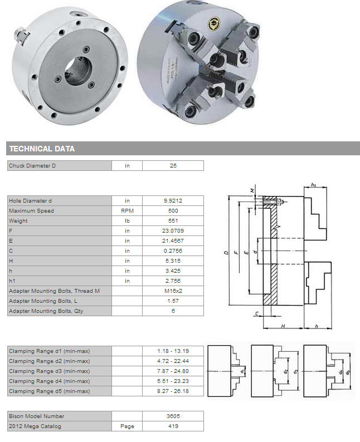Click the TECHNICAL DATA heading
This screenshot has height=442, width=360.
(x=42, y=149)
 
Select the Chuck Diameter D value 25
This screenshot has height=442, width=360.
(x=173, y=166)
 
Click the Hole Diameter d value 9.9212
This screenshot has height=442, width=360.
(x=173, y=201)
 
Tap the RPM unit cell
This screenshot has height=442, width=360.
(x=127, y=211)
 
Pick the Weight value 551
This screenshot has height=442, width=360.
(x=173, y=220)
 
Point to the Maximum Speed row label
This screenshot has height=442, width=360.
(x=31, y=211)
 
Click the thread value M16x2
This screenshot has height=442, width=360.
(x=173, y=291)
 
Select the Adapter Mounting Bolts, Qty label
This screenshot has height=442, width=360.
(x=46, y=311)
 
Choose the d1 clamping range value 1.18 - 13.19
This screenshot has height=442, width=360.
(x=173, y=351)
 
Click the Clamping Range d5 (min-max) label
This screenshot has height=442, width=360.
(x=50, y=391)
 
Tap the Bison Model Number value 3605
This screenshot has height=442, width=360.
(x=173, y=416)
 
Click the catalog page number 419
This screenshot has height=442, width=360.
(x=173, y=426)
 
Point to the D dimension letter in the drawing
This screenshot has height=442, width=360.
(x=226, y=253)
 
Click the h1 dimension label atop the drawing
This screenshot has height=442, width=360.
(x=313, y=185)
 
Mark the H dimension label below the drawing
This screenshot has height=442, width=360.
(x=283, y=326)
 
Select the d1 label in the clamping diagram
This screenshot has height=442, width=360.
(x=242, y=371)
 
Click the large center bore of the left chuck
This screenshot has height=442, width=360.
(x=79, y=71)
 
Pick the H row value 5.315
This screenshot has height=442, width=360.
(x=173, y=261)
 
